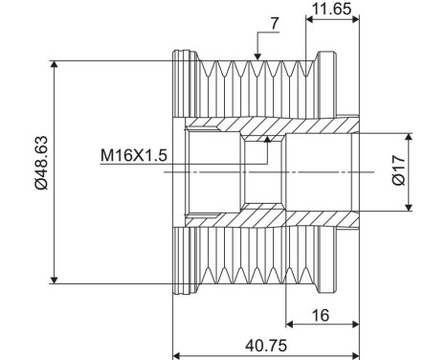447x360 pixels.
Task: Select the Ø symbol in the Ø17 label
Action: [x=427, y=184]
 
